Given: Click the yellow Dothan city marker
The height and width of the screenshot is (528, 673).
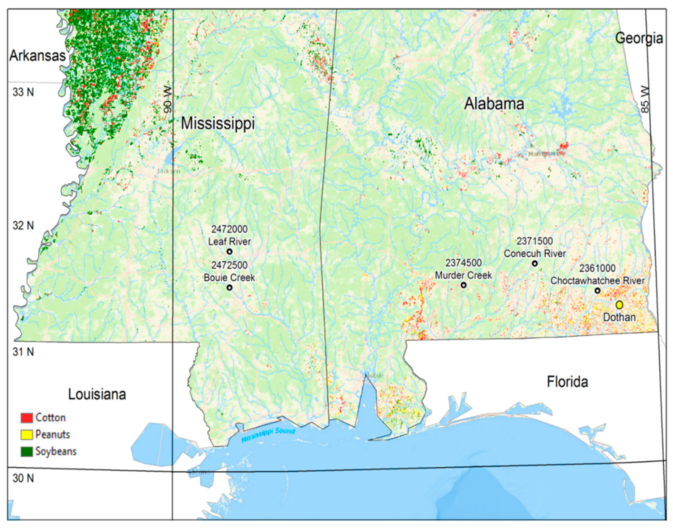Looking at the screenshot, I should [619, 305].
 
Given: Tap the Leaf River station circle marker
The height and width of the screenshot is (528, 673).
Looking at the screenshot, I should [229, 252].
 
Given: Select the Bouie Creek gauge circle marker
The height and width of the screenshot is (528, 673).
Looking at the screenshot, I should [229, 288].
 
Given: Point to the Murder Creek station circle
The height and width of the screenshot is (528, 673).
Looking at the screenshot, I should [463, 285].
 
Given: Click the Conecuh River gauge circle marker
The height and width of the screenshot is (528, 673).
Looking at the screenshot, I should [535, 263].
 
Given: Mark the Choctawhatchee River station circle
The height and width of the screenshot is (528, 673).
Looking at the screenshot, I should [598, 290].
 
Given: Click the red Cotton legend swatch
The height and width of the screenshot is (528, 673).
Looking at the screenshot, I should [27, 418].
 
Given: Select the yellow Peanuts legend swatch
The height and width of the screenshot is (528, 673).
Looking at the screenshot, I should [27, 435].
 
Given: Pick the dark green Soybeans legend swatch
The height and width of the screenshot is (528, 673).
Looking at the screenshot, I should [27, 452].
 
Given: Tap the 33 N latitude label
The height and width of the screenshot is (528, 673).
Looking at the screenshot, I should [23, 92].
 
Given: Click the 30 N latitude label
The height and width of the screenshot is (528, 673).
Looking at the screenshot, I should [23, 478].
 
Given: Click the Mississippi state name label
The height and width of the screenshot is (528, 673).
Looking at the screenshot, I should [218, 123].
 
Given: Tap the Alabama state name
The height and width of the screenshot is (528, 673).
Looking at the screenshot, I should [494, 104].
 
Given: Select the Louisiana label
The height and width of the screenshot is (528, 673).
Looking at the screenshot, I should [97, 394].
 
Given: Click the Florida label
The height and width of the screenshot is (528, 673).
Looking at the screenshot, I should [567, 382].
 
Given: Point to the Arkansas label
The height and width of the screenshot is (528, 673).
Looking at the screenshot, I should [37, 56].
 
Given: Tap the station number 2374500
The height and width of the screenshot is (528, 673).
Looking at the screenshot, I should [463, 263].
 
